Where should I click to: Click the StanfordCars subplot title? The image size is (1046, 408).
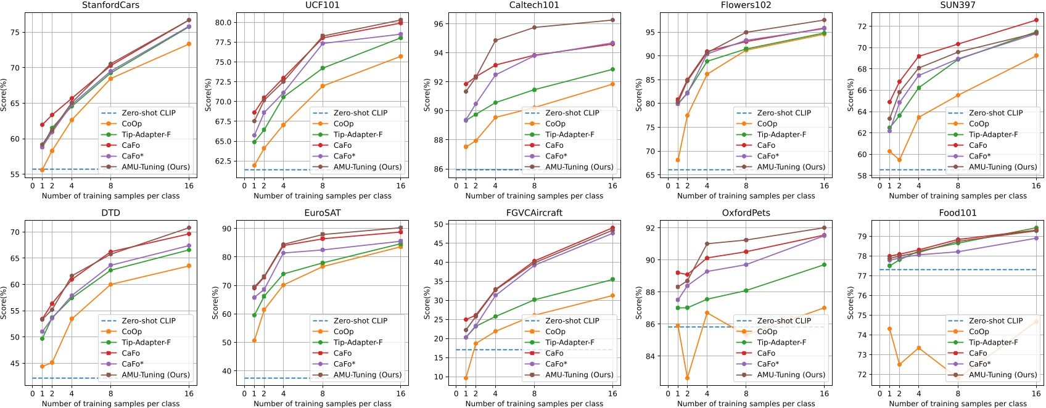110,6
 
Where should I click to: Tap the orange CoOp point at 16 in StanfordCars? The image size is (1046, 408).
189,44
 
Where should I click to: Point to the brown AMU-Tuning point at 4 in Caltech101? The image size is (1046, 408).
495,41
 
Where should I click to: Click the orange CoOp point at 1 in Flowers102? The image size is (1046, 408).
678,160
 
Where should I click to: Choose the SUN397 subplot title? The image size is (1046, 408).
958,6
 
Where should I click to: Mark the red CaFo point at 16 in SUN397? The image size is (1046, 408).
1036,20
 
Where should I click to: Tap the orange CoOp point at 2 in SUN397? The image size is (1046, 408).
899,160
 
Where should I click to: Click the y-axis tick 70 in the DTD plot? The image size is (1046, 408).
15,232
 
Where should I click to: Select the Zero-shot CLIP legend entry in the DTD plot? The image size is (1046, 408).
149,320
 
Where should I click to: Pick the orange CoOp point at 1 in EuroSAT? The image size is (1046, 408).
254,340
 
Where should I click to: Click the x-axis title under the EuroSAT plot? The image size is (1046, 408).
323,404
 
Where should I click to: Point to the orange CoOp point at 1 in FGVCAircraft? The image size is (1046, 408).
466,378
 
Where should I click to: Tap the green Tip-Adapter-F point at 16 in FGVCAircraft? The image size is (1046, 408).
612,280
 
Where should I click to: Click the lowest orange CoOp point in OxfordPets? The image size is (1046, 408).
688,378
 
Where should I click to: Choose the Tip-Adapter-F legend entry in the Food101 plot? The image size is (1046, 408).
995,342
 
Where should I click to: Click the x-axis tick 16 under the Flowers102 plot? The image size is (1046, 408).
824,186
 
